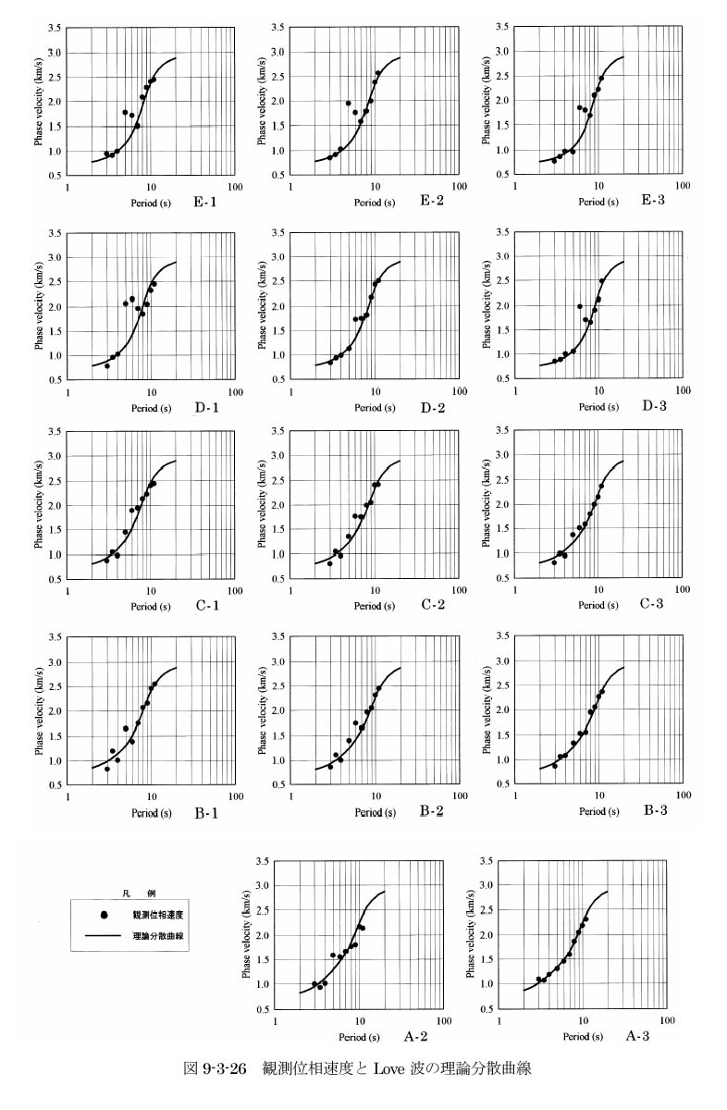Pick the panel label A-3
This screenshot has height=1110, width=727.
[x=641, y=1035]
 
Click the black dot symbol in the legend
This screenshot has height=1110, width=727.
[x=105, y=915]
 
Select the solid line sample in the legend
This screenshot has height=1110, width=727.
[x=105, y=936]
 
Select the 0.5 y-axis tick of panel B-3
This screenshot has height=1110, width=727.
[x=503, y=785]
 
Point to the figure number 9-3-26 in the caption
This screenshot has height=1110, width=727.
[x=223, y=1068]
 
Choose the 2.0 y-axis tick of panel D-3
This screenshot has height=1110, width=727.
[x=503, y=306]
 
